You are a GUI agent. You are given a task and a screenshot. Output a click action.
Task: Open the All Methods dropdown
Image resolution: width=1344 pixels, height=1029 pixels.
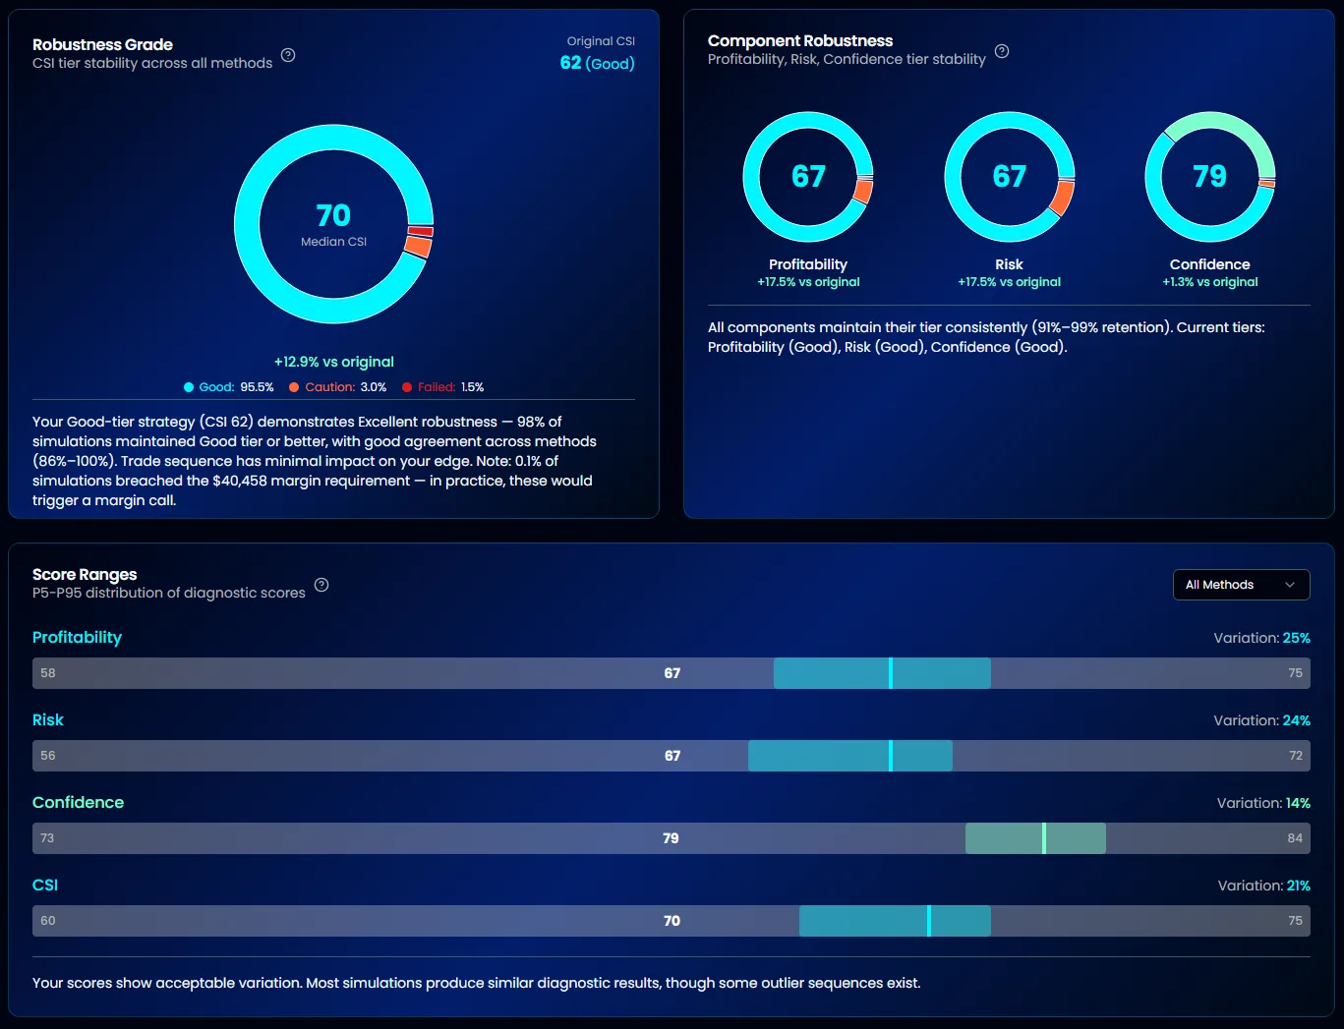(x=1241, y=585)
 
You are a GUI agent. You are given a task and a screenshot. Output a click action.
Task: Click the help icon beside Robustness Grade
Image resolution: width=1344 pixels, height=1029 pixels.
(x=288, y=55)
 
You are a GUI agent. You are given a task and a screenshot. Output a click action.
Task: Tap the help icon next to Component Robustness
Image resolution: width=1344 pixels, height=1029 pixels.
(x=1002, y=51)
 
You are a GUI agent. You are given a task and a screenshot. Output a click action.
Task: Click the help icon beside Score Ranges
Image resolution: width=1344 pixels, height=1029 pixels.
(x=321, y=585)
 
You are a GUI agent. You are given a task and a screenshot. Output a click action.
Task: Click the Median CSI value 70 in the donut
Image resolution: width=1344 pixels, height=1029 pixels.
(x=333, y=215)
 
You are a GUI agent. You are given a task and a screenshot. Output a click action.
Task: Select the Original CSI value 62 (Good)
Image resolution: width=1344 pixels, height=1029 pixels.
(x=597, y=63)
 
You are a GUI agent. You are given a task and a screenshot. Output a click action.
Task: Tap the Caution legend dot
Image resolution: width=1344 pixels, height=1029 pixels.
(x=294, y=387)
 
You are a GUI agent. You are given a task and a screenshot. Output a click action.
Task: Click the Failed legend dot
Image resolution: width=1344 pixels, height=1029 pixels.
(x=407, y=387)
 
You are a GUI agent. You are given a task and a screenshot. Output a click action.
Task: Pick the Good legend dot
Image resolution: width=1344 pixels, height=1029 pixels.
(x=189, y=387)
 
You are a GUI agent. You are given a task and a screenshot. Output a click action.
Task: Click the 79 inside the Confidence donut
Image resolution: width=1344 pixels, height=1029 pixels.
(x=1209, y=176)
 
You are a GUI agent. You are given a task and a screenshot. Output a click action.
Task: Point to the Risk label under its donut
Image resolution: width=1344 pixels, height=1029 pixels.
(x=1009, y=264)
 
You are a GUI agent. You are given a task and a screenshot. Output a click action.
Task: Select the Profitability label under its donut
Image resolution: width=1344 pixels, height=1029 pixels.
(x=808, y=264)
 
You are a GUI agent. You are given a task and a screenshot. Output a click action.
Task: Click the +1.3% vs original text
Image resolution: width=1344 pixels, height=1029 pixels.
(x=1209, y=282)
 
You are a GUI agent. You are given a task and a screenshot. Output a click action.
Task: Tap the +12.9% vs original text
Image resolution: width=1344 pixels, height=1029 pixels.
(x=333, y=362)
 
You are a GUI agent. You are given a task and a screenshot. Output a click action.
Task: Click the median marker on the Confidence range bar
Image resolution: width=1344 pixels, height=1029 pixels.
(x=1043, y=838)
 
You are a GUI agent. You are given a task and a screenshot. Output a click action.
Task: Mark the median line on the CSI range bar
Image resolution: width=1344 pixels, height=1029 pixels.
(x=928, y=921)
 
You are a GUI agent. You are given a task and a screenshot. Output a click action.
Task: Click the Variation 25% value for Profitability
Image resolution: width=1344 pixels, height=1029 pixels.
(x=1296, y=638)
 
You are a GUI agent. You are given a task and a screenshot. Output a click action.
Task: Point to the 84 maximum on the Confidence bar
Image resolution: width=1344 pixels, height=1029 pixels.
(x=1295, y=838)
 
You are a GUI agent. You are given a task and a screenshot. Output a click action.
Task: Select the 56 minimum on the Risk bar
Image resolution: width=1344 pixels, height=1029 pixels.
(x=48, y=756)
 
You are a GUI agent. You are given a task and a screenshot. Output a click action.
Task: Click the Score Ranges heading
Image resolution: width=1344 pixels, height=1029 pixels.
(x=85, y=575)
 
